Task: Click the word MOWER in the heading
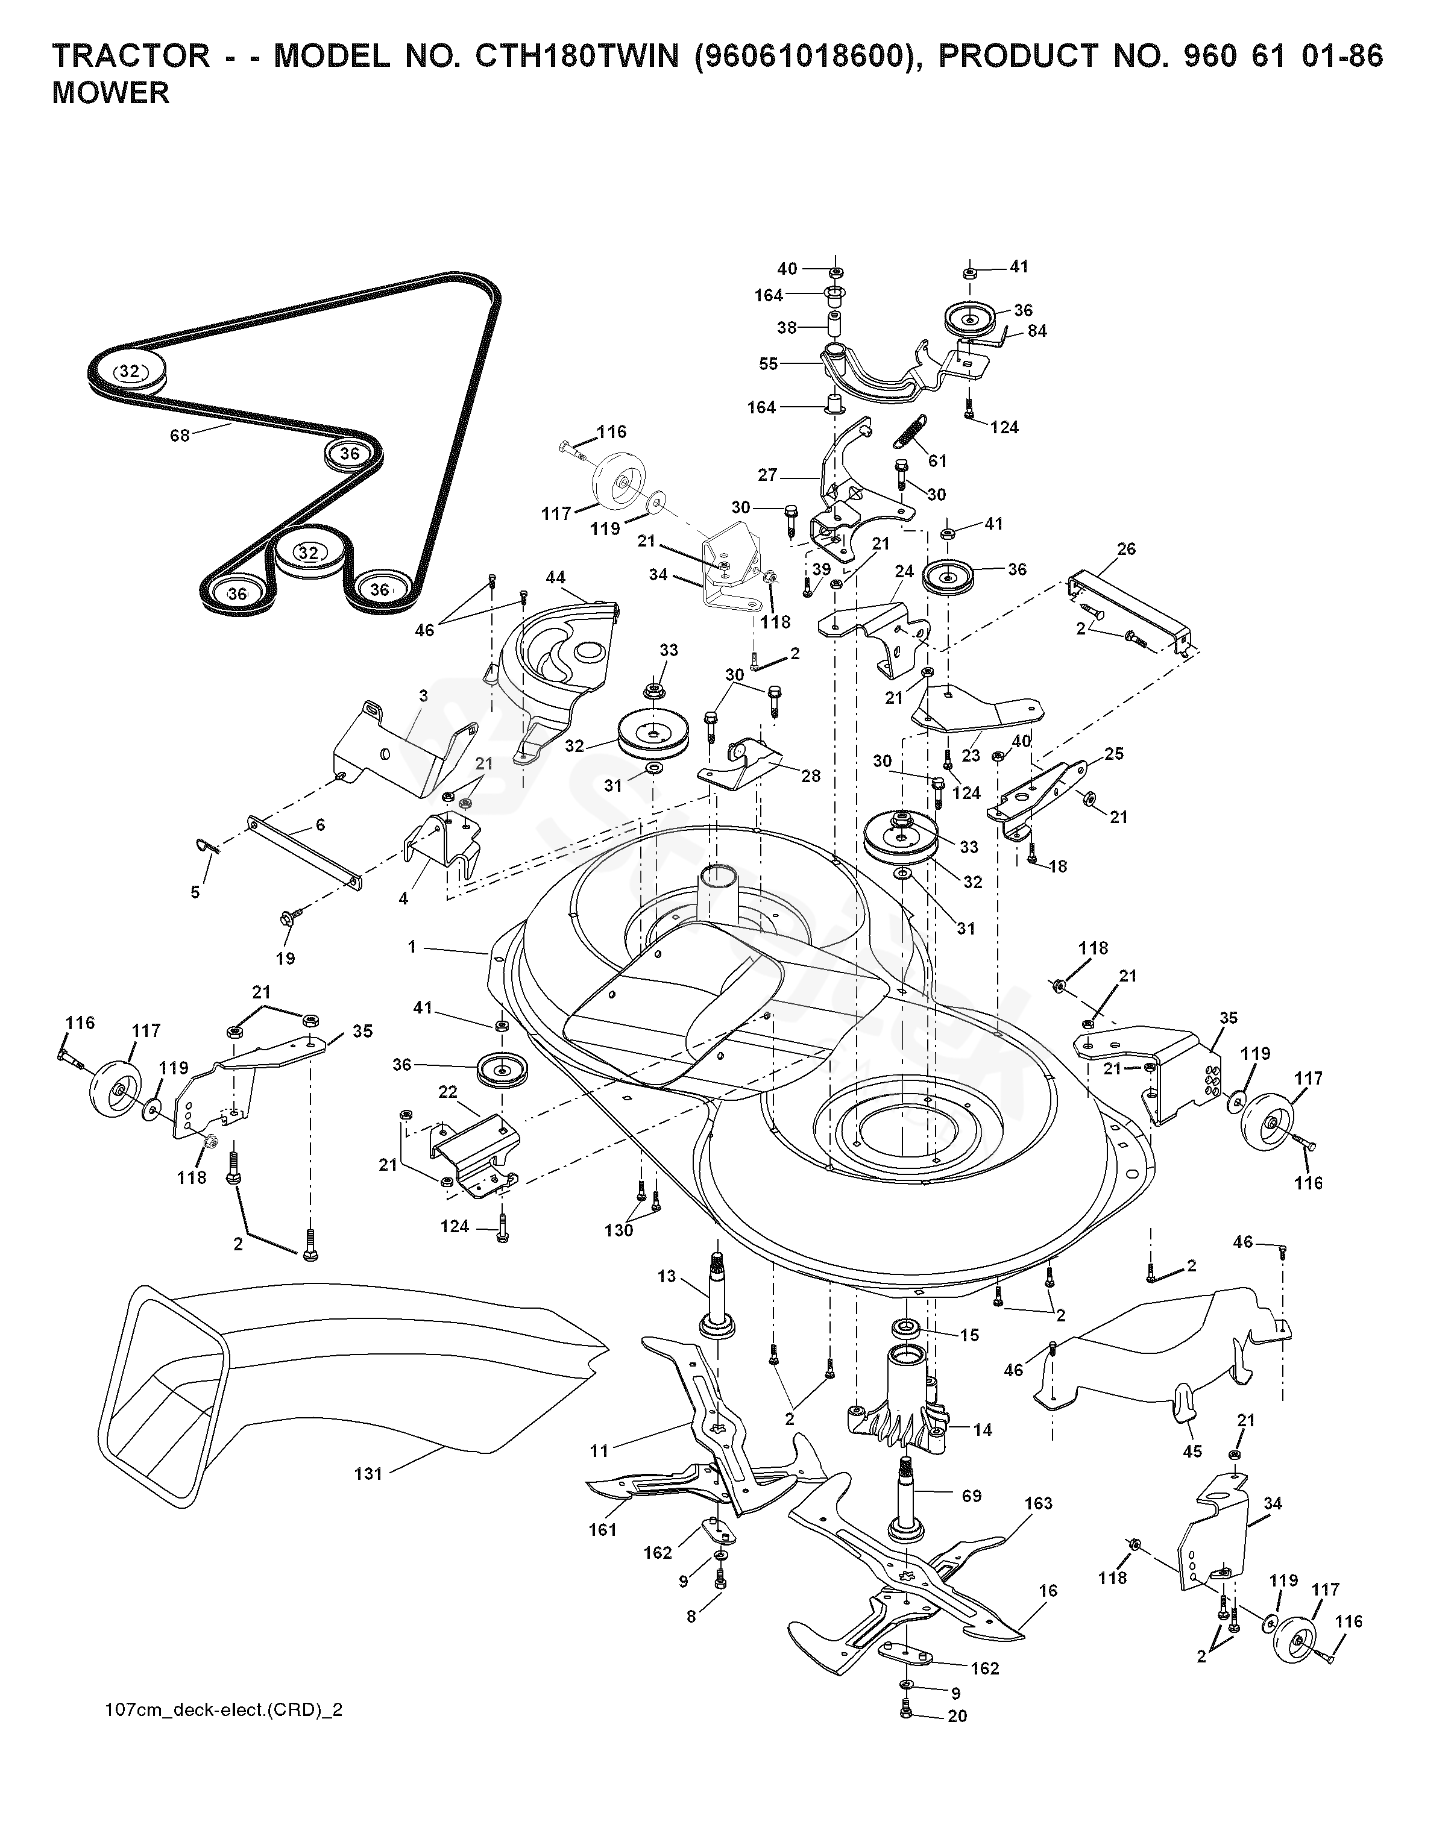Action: (x=111, y=93)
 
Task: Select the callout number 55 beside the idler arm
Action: (x=769, y=363)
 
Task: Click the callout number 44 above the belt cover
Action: (x=555, y=578)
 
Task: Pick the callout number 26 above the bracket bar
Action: (x=1126, y=549)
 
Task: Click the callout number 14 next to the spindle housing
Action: (x=983, y=1430)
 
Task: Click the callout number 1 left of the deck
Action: (x=413, y=947)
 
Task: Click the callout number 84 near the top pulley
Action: (x=1037, y=331)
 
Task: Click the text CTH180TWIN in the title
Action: (x=553, y=56)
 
